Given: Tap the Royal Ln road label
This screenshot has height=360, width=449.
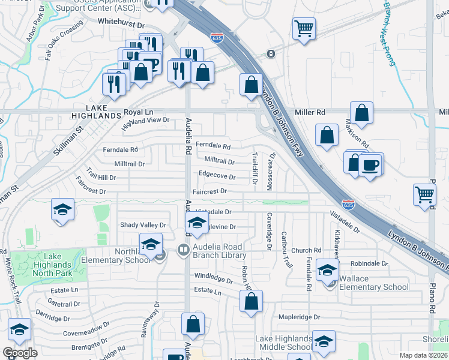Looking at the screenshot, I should (x=139, y=112).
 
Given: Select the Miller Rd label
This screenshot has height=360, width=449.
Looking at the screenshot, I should (x=310, y=112).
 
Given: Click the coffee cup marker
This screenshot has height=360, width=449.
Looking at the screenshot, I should (x=370, y=165).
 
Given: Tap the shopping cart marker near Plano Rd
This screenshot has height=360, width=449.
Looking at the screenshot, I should (x=425, y=195).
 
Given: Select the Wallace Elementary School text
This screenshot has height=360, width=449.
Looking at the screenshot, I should (x=373, y=283).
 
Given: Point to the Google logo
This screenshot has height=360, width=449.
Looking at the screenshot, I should (x=20, y=353).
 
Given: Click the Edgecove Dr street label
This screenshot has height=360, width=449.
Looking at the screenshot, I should (x=217, y=176).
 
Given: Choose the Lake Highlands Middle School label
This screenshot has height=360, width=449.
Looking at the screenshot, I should (x=284, y=343).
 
